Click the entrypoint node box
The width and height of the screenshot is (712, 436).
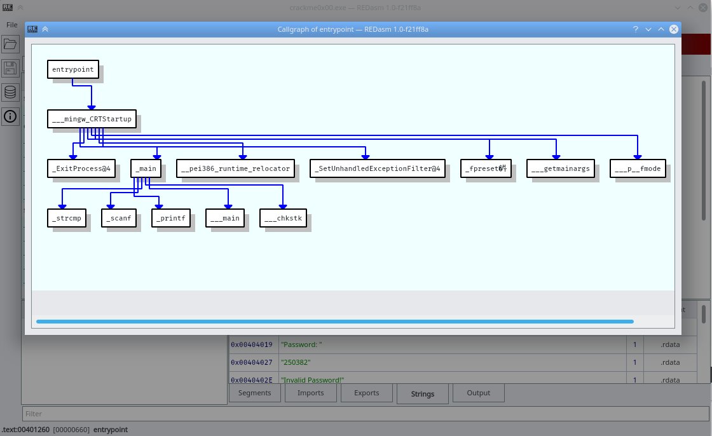[x=73, y=69]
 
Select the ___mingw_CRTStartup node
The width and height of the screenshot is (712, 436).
[x=93, y=119]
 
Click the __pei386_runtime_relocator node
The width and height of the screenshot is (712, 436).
[x=235, y=168]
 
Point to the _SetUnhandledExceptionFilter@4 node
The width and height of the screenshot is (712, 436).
[x=377, y=168]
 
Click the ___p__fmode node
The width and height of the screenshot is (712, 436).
[x=638, y=168]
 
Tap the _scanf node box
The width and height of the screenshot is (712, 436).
[x=120, y=218]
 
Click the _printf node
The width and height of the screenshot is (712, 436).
[x=171, y=218]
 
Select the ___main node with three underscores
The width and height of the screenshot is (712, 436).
[x=226, y=218]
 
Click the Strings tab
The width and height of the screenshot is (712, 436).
[x=422, y=394]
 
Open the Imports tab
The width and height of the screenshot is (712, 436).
[x=311, y=393]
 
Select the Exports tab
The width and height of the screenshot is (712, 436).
[x=366, y=393]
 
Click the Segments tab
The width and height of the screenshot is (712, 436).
[x=254, y=393]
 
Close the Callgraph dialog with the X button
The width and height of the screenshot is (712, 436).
[x=674, y=29]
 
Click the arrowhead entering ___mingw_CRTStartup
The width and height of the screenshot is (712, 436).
[x=92, y=107]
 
